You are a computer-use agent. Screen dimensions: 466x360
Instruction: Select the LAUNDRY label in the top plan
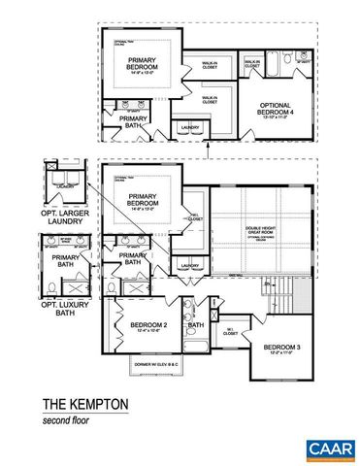pyautogui.click(x=189, y=126)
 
